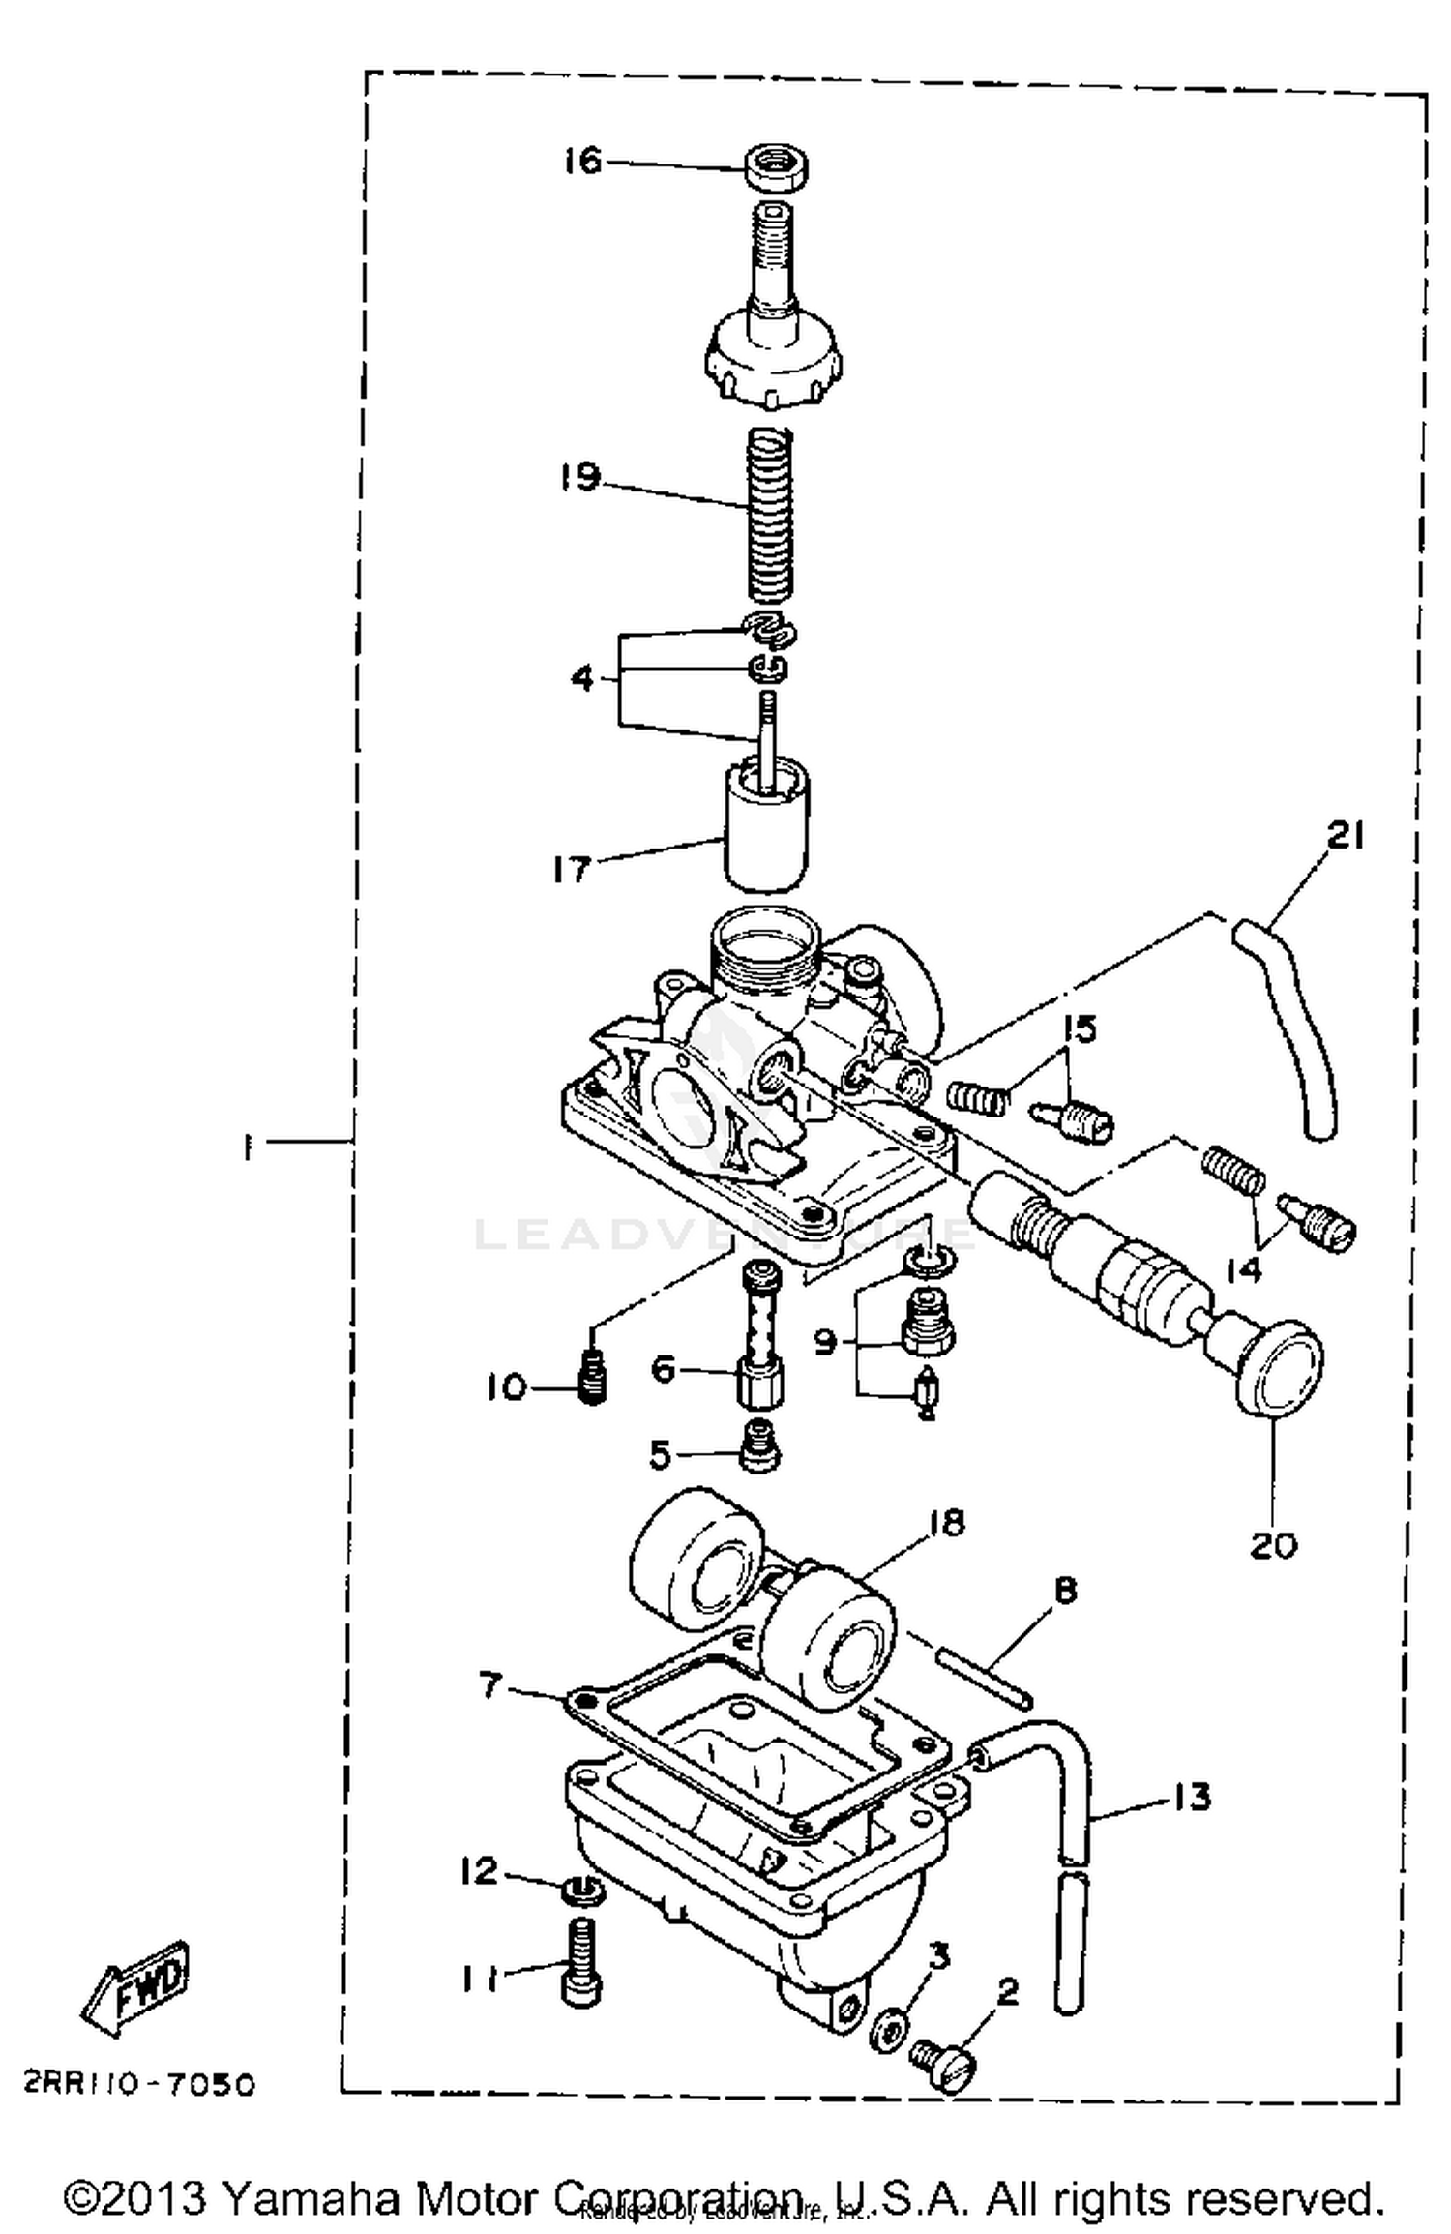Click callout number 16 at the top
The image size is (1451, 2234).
(583, 161)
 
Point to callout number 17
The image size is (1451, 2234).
(572, 869)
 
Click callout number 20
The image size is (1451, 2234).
(1273, 1545)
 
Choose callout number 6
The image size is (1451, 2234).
(662, 1369)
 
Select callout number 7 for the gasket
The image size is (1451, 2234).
(491, 1686)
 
